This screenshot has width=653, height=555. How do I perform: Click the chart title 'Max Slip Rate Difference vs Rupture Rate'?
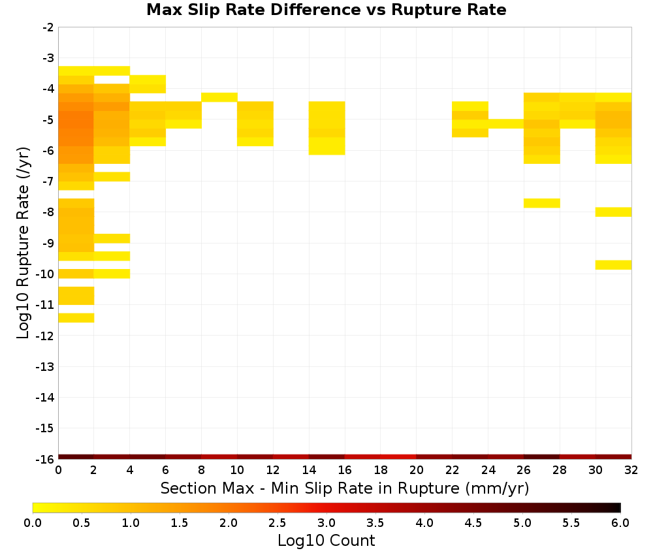[326, 10]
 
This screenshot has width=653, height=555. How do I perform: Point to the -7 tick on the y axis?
[48, 181]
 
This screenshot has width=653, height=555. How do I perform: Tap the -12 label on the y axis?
[44, 336]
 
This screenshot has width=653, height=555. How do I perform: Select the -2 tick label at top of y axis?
[48, 27]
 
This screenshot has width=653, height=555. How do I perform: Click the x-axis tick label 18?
[381, 470]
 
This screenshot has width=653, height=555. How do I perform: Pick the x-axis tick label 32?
[631, 470]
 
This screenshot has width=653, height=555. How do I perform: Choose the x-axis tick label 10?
[237, 470]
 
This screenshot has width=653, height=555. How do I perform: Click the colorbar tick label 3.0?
[326, 523]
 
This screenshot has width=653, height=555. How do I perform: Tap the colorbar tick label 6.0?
[620, 523]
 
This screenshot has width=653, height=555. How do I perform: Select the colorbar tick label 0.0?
[33, 523]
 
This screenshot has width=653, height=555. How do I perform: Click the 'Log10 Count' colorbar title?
[326, 541]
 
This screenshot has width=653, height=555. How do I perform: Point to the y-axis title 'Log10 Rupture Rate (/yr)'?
[23, 243]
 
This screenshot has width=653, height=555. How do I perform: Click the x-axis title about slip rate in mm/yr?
[344, 488]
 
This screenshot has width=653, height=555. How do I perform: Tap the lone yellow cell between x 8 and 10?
[219, 97]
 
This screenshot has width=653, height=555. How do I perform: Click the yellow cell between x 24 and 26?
[506, 123]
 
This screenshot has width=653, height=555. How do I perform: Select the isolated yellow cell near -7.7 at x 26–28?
[542, 203]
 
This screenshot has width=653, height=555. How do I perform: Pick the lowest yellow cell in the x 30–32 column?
[613, 265]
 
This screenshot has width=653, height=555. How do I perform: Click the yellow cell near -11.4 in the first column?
[76, 318]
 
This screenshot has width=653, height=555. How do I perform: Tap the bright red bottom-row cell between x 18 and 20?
[398, 457]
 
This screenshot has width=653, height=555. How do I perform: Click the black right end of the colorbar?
[618, 507]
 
